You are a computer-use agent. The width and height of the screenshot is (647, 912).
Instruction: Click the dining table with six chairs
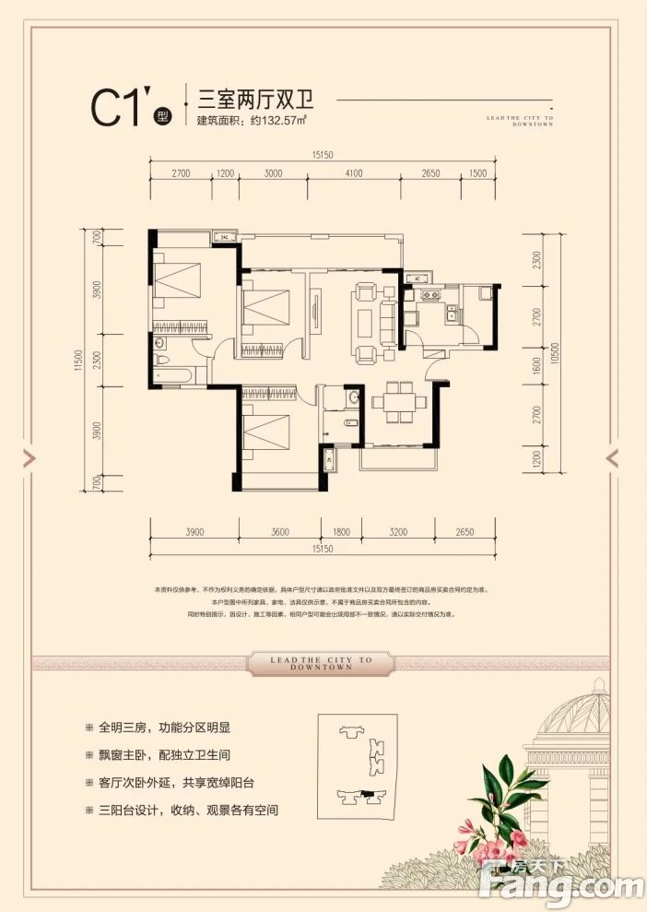click(399, 401)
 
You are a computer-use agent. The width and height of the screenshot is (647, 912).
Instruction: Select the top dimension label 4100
click(354, 172)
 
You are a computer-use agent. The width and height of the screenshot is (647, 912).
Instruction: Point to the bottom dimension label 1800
click(341, 532)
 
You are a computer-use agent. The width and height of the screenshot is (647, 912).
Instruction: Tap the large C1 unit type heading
click(120, 108)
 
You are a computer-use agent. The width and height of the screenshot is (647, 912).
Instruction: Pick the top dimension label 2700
click(180, 172)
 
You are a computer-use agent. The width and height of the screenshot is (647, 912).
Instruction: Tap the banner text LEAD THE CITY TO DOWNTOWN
click(323, 664)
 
